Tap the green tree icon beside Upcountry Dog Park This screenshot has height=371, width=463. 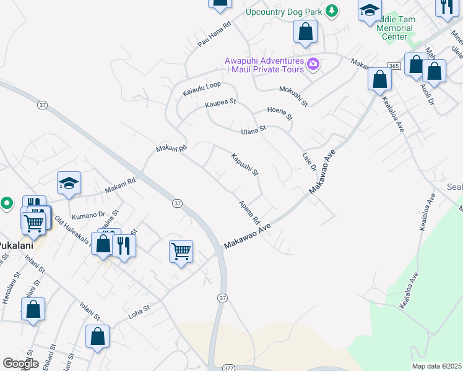click(332, 11)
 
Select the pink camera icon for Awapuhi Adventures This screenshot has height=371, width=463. click(313, 64)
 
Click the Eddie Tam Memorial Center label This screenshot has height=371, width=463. click(394, 28)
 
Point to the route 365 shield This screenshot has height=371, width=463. click(394, 66)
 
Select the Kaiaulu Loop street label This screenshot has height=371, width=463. click(202, 89)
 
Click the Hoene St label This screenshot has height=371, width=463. click(279, 113)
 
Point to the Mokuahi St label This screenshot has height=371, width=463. click(293, 95)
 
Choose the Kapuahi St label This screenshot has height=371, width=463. click(244, 164)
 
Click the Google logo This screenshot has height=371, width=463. click(20, 364)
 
